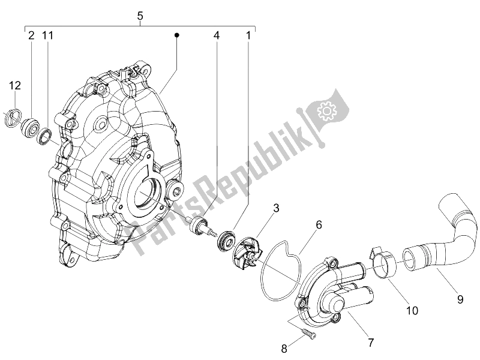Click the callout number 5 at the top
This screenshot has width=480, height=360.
(x=140, y=16)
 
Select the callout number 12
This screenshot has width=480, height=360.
(x=14, y=85)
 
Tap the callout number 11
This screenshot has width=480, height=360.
(x=48, y=36)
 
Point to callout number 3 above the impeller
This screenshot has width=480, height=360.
(x=276, y=208)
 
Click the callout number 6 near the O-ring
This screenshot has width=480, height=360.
(x=319, y=225)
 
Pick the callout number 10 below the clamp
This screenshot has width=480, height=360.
(x=412, y=311)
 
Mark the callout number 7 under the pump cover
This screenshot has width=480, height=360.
(x=371, y=343)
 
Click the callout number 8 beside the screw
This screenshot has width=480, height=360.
(x=284, y=349)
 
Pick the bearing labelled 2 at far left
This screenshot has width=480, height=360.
(x=29, y=126)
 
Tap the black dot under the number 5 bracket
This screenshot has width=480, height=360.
(x=176, y=35)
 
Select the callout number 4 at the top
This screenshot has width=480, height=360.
(x=217, y=36)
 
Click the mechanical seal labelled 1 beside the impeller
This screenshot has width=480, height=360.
(x=227, y=239)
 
